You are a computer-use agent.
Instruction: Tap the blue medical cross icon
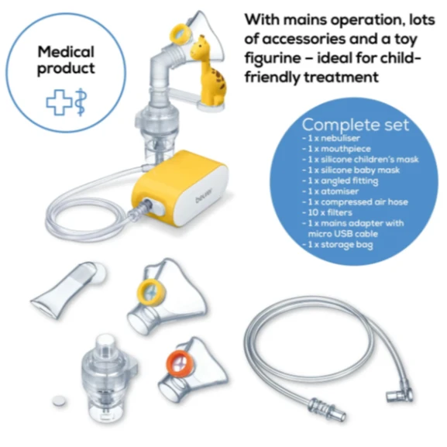pos(60,102)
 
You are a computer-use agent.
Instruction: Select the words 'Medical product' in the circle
pos(66,60)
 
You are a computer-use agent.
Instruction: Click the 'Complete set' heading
pos(356,125)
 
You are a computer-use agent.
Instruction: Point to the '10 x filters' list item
pos(327,212)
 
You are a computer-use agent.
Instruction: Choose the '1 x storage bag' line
pos(338,245)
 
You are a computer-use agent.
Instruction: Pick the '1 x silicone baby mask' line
pos(351,170)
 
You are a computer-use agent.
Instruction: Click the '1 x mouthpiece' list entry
pos(337,149)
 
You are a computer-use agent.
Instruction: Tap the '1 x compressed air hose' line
pos(356,202)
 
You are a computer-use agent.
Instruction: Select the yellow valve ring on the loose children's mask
pos(151,293)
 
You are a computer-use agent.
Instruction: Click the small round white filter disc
pos(60,401)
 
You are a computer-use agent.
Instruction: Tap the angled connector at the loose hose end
pos(399,394)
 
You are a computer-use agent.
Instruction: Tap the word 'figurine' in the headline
pos(273,58)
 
